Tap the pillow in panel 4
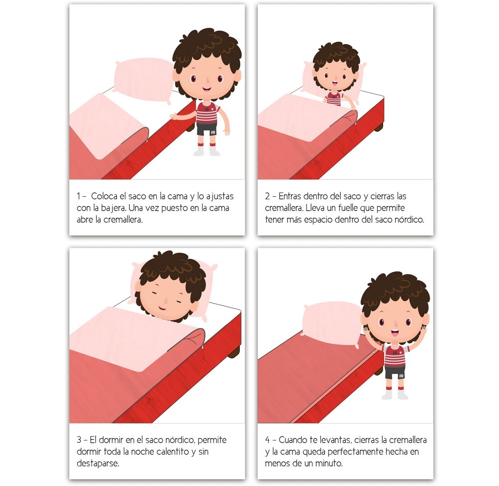[333, 323]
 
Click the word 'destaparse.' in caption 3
[98, 463]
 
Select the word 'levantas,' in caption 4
[335, 440]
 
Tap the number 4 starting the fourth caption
[268, 440]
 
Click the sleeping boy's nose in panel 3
[165, 300]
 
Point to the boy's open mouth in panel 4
[394, 333]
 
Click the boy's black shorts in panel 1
[207, 129]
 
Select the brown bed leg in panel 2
[379, 127]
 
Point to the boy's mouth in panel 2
[335, 84]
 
